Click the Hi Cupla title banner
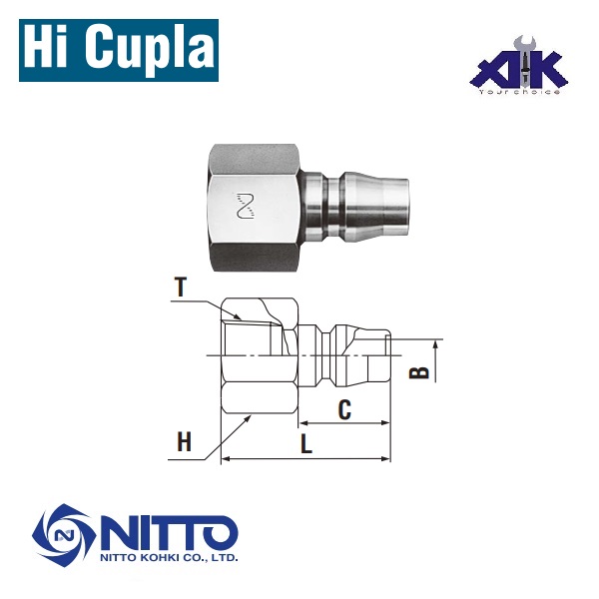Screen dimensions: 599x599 pyautogui.click(x=118, y=48)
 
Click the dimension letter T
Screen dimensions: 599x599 pyautogui.click(x=180, y=287)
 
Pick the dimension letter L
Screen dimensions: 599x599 pyautogui.click(x=306, y=444)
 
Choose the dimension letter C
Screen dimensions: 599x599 pyautogui.click(x=344, y=408)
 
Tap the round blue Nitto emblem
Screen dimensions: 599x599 pyautogui.click(x=63, y=537)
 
